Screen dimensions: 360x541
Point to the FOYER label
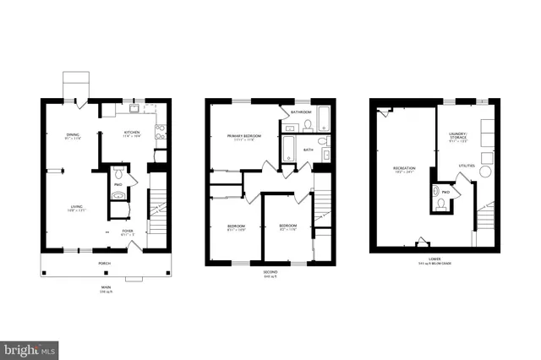[127, 231]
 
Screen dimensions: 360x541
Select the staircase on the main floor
[158, 207]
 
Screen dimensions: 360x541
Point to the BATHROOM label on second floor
[301, 112]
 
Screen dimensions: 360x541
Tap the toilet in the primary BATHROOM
[309, 125]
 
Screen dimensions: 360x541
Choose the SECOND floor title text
[270, 271]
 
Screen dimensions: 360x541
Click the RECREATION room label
[404, 169]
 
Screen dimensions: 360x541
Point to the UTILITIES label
[467, 166]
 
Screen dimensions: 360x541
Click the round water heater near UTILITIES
[486, 171]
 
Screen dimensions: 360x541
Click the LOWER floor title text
[434, 259]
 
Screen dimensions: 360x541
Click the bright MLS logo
[30, 347]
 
